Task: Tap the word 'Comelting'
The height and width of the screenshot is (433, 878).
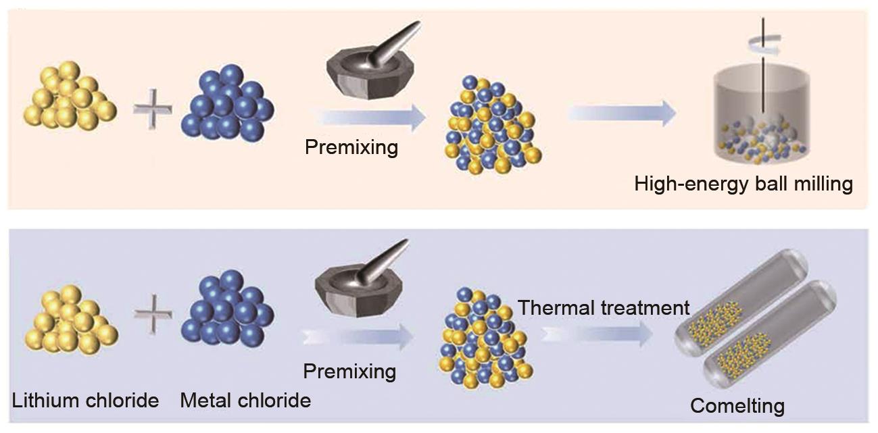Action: (x=737, y=406)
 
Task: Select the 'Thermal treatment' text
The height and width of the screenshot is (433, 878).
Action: (x=604, y=308)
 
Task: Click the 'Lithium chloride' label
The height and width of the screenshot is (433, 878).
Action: (x=85, y=400)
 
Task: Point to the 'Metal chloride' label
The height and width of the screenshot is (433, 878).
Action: (x=245, y=400)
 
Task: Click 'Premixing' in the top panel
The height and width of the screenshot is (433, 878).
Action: (x=351, y=147)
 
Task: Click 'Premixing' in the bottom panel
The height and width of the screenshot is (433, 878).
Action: (x=349, y=371)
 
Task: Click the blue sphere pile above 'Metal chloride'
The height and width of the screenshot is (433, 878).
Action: (x=226, y=311)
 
